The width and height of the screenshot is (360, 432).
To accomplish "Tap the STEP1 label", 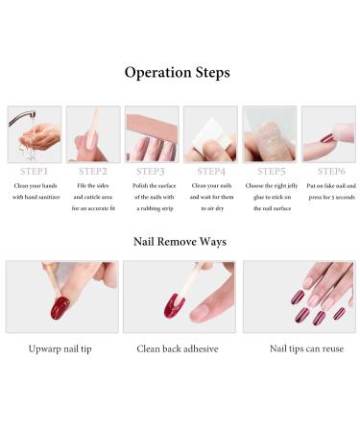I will pos(34,171).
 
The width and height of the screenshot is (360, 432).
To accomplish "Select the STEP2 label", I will pos(93,171).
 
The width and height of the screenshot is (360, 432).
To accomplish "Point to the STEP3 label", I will pos(152,171).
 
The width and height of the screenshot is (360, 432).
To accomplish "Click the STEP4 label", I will pos(210,171).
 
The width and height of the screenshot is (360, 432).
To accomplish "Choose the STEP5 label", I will pos(269,171).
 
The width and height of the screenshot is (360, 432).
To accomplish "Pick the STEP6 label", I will pos(327,171).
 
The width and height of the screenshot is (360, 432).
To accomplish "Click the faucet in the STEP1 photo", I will pos(22,117).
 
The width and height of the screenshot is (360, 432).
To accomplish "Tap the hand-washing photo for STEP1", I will pos(35,133).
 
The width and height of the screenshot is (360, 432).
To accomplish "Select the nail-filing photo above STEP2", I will pos(93,133).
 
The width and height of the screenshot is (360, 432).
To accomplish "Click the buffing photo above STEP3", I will pos(152,133).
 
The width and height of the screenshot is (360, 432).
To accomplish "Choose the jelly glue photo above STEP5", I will pos(269,133).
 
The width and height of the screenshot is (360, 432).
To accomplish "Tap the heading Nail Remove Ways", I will pos(179,241).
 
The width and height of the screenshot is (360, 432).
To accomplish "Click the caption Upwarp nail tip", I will pos(62,349).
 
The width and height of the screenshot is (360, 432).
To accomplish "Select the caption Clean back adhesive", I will pos(179,349).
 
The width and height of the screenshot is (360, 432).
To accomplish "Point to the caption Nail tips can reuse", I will pos(299,349).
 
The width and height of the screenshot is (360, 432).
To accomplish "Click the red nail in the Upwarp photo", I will pos(60,307).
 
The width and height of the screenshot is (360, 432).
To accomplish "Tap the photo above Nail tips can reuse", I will pos(299,297).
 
